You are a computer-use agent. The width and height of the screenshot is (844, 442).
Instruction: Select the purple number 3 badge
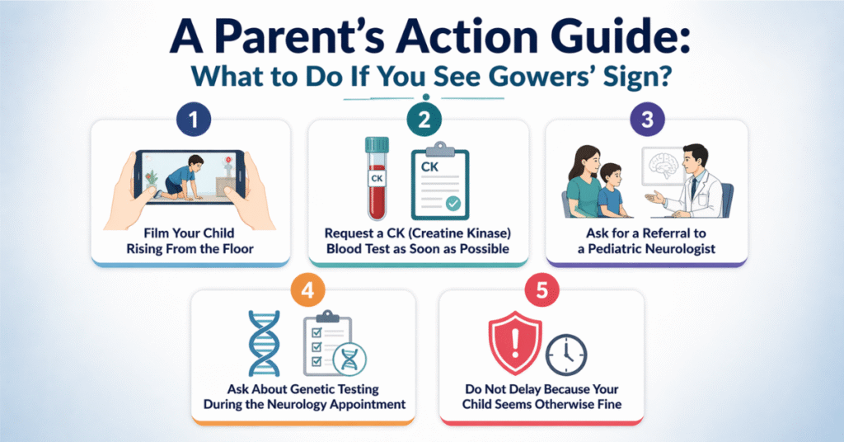[647, 120]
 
